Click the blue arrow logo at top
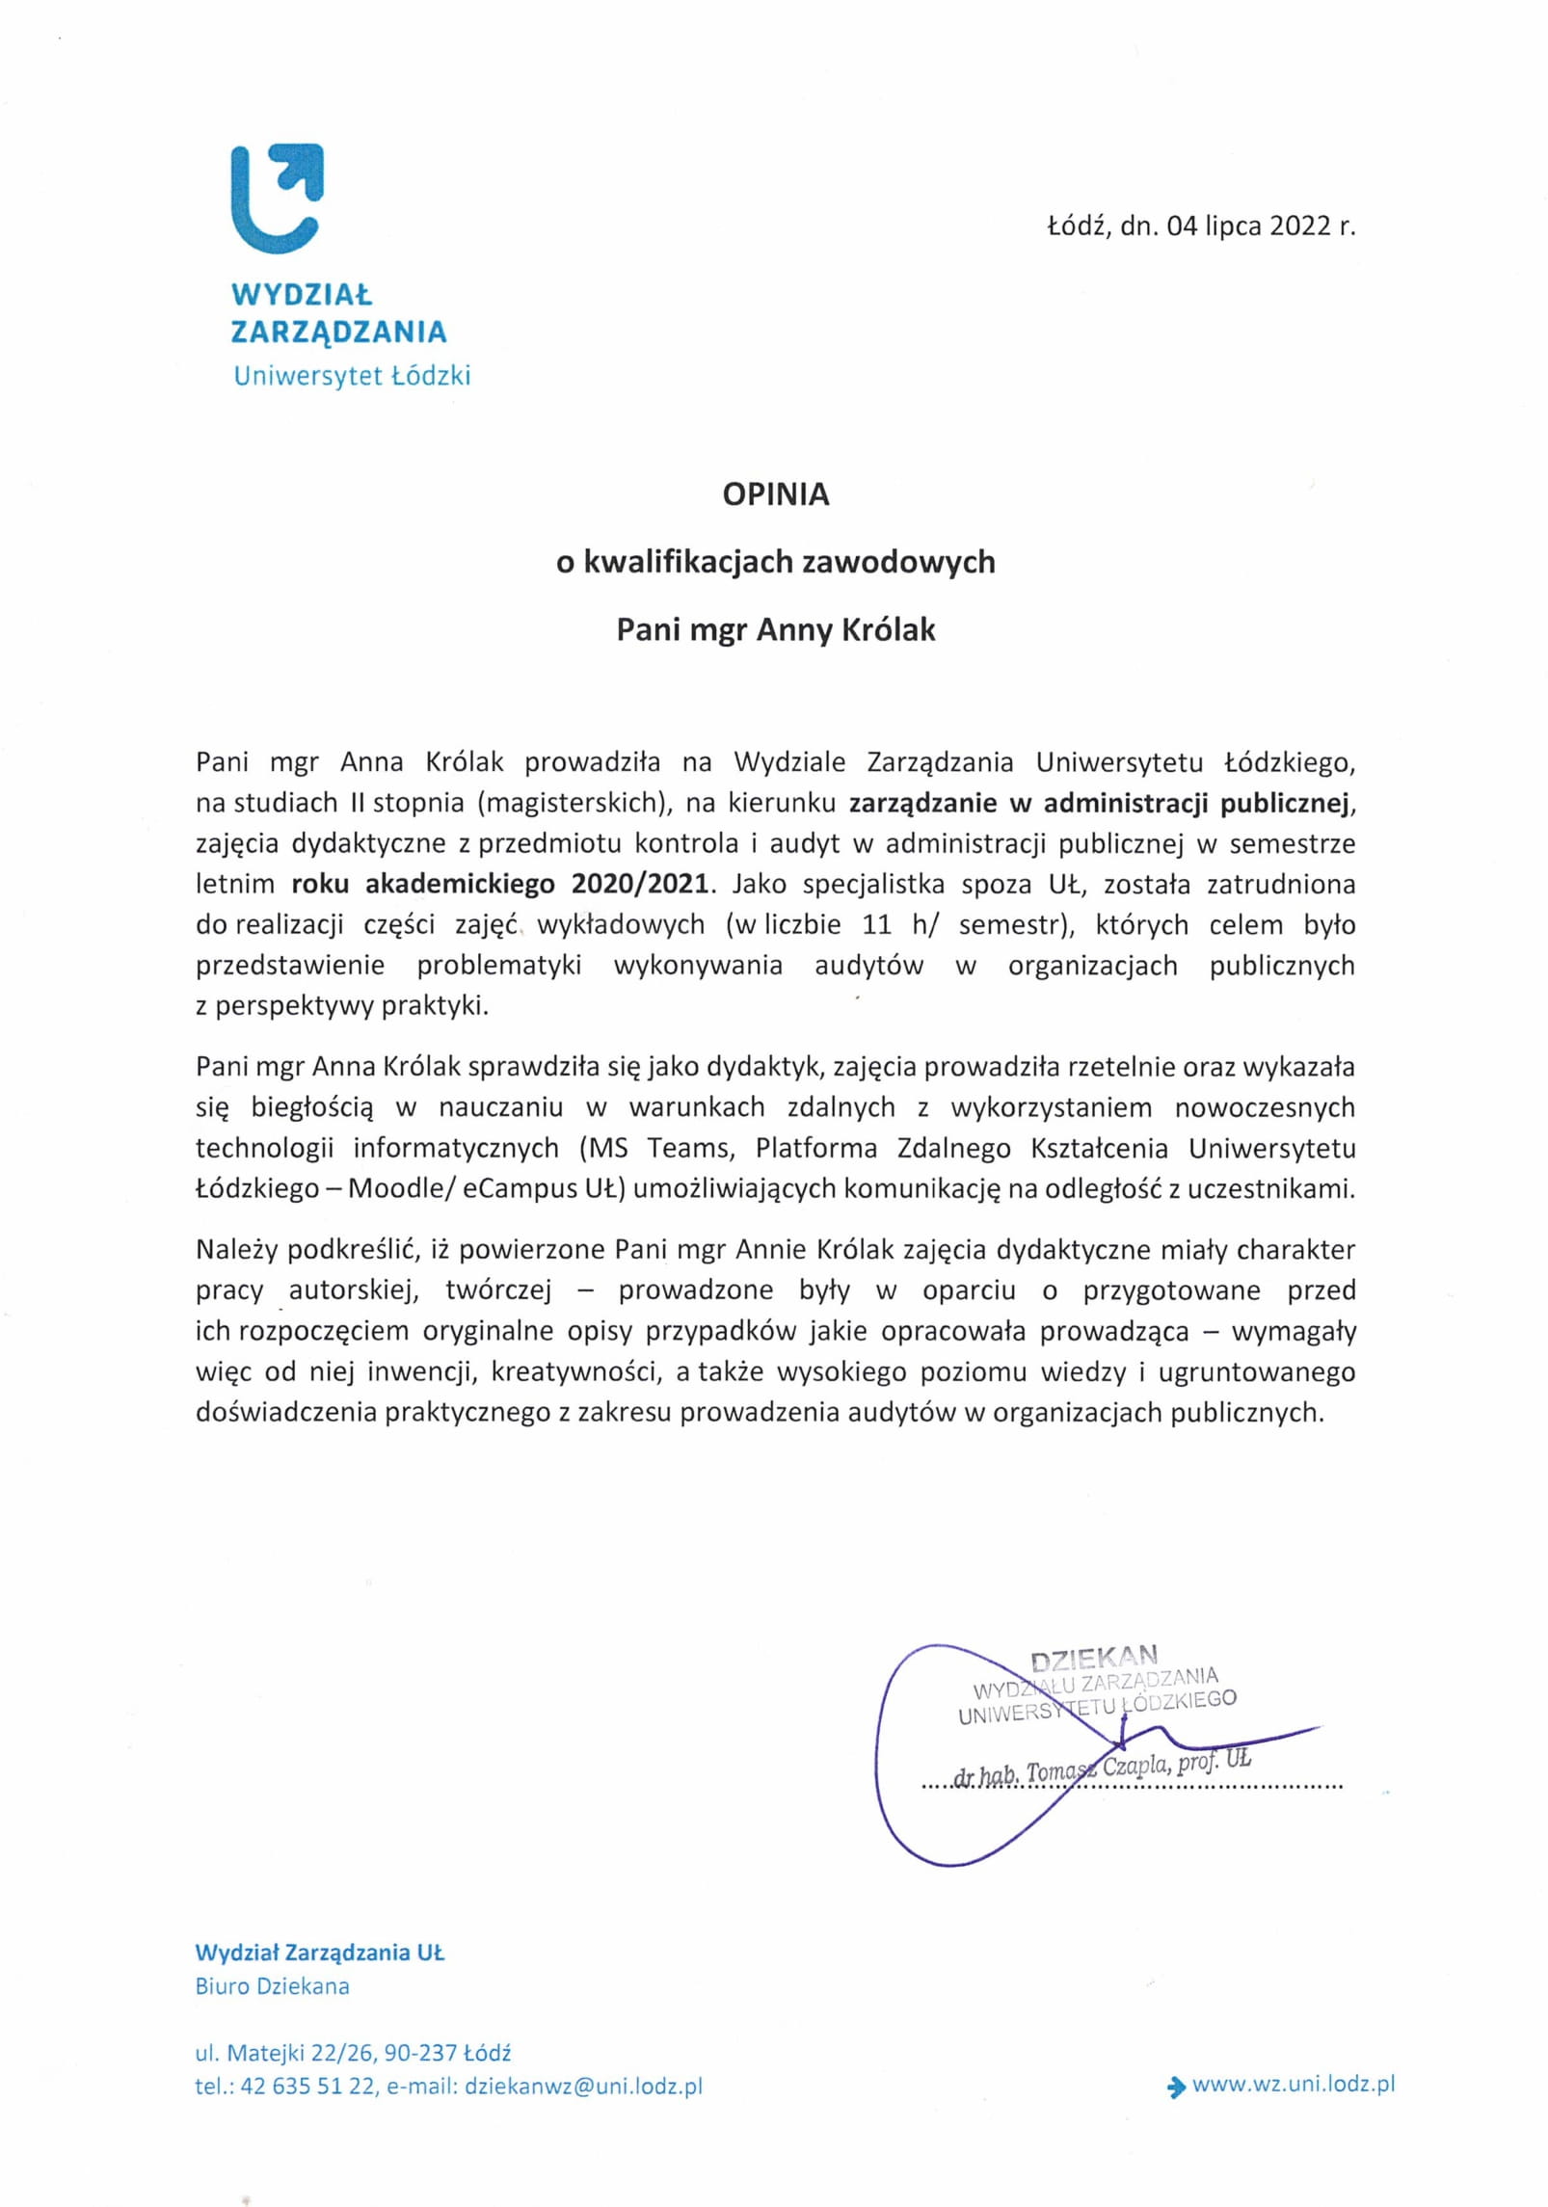[277, 199]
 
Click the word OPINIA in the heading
[775, 494]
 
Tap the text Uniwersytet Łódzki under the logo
[351, 376]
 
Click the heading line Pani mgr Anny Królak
[775, 630]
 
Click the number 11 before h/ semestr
[876, 925]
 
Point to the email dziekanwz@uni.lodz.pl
[583, 2087]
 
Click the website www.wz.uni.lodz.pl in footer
[1293, 2085]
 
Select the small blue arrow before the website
[1175, 2087]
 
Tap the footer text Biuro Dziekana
[272, 1986]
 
